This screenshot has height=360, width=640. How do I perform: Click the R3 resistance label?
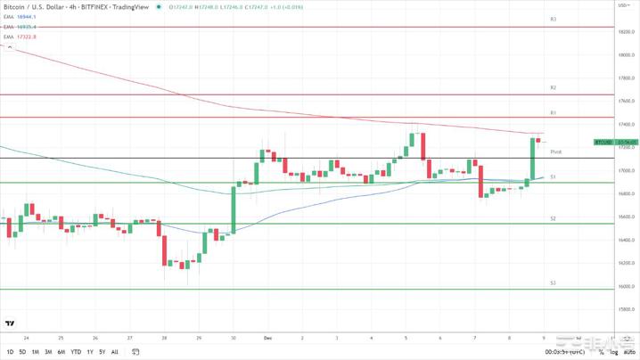(554, 19)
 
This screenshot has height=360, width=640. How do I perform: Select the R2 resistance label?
(554, 88)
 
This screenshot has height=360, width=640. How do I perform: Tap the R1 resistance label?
(554, 113)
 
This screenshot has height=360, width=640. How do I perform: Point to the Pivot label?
(556, 152)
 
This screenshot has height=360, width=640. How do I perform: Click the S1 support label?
(554, 177)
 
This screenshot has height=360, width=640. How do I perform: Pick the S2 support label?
(554, 218)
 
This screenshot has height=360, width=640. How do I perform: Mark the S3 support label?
(554, 282)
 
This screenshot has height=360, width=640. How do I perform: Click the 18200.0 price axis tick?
(627, 32)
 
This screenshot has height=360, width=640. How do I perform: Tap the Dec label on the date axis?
(267, 339)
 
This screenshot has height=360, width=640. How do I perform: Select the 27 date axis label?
(130, 339)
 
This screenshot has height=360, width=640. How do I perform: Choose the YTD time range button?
(76, 352)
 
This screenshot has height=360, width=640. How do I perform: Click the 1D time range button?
(11, 352)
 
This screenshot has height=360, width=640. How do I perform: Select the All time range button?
(114, 352)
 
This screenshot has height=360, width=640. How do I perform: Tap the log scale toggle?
(614, 352)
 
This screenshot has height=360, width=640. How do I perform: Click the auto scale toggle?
(629, 352)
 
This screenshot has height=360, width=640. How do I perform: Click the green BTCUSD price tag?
(603, 142)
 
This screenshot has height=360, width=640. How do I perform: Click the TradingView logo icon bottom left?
(10, 323)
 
